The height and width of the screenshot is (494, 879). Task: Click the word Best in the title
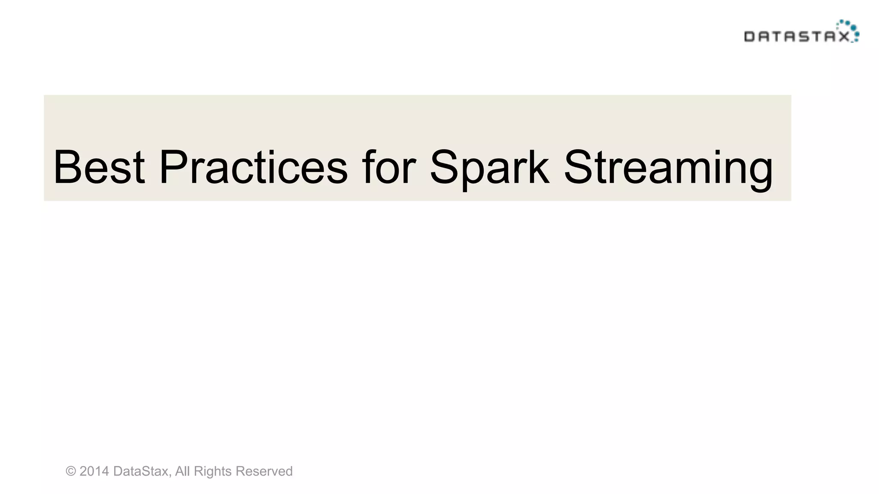pyautogui.click(x=99, y=167)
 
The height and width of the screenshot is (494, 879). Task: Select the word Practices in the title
pyautogui.click(x=253, y=167)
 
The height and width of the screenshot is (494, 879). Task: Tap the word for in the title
pyautogui.click(x=389, y=167)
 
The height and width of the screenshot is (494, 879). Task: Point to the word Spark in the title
pyautogui.click(x=489, y=167)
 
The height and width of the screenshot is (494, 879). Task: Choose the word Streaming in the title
pyautogui.click(x=668, y=167)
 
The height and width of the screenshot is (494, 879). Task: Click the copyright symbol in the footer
pyautogui.click(x=71, y=471)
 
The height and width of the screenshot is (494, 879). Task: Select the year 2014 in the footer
pyautogui.click(x=94, y=471)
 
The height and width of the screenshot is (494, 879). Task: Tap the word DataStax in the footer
pyautogui.click(x=140, y=471)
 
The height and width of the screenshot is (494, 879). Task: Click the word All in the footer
pyautogui.click(x=182, y=471)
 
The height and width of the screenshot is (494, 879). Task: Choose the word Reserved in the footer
pyautogui.click(x=264, y=471)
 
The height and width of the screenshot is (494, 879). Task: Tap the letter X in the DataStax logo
pyautogui.click(x=844, y=37)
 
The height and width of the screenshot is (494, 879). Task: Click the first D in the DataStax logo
pyautogui.click(x=749, y=37)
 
